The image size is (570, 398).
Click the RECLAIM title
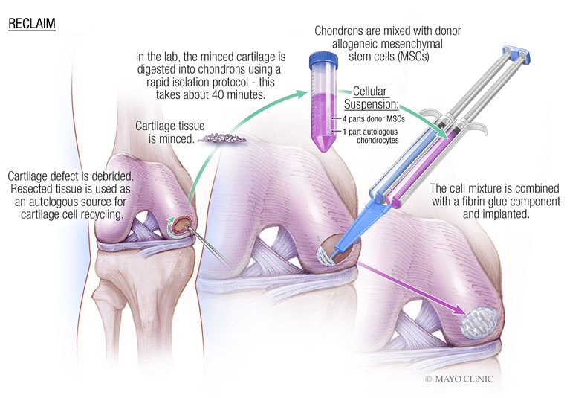pyautogui.click(x=32, y=24)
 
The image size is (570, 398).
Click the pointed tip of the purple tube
pyautogui.click(x=323, y=150)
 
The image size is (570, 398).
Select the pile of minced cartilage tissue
pyautogui.click(x=222, y=138)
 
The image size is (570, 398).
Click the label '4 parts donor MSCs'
pyautogui.click(x=373, y=118)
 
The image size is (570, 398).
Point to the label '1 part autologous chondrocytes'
pyautogui.click(x=370, y=136)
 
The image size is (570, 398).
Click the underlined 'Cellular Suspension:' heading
pyautogui.click(x=371, y=97)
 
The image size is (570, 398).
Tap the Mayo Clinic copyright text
pyautogui.click(x=459, y=379)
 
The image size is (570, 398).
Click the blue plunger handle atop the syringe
pyautogui.click(x=516, y=54)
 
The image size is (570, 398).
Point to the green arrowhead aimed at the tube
pyautogui.click(x=302, y=94)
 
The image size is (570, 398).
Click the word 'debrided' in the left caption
pyautogui.click(x=112, y=176)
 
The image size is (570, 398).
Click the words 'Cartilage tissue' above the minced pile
pyautogui.click(x=169, y=126)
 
